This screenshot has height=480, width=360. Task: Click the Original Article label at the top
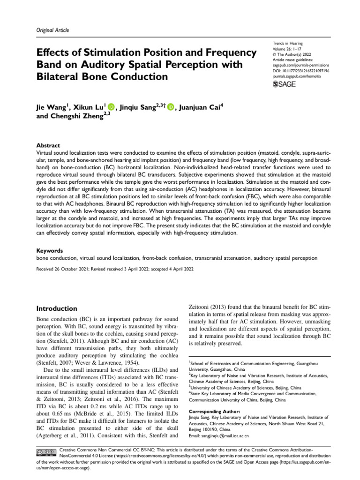point(52,30)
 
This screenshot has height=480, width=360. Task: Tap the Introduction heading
point(57,309)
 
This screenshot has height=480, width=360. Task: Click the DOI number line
point(301,71)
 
